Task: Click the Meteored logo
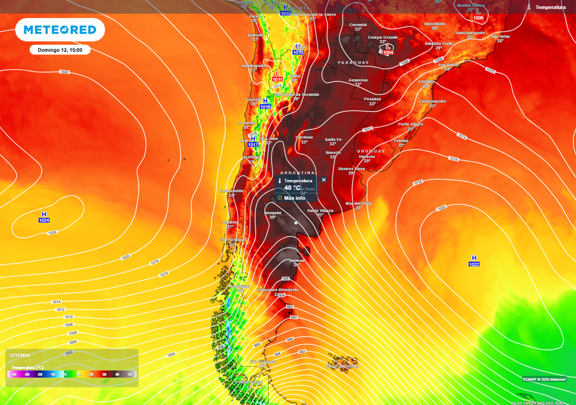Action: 60,30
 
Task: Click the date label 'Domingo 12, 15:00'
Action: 60,50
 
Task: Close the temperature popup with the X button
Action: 323,179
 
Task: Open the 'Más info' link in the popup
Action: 294,198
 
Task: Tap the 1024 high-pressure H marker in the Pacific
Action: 44,217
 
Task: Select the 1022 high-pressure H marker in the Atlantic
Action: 474,260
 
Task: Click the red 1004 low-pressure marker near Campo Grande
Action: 388,49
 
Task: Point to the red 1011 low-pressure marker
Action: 277,76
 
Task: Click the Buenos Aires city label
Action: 352,169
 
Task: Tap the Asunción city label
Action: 358,80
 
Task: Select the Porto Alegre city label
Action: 411,124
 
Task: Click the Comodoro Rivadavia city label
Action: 277,290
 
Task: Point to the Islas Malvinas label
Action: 342,366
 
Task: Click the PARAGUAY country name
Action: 353,62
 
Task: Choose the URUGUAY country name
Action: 371,151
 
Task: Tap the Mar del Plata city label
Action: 359,203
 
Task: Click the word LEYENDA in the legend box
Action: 20,355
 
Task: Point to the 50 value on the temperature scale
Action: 130,374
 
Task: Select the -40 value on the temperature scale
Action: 14,374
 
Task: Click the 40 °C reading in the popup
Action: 292,188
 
